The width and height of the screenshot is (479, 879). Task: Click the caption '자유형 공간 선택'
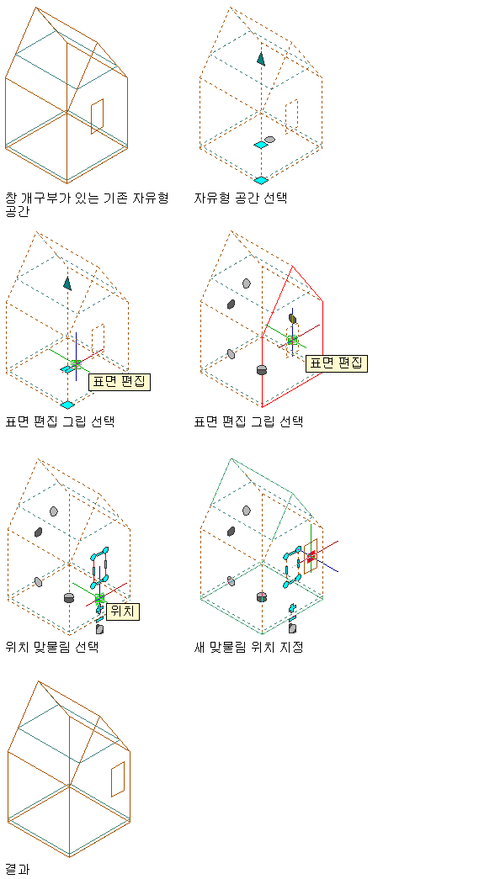241,198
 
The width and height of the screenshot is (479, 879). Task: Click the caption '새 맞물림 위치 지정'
248,647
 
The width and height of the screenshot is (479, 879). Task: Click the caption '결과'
18,870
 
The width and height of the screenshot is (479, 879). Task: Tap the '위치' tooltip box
122,611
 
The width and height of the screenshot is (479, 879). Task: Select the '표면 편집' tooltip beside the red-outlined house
337,363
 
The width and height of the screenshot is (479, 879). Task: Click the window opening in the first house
97,117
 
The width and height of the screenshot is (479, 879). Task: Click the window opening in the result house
118,779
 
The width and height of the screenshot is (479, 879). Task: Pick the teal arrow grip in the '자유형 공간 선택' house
261,58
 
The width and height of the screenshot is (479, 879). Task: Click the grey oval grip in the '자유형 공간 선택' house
269,139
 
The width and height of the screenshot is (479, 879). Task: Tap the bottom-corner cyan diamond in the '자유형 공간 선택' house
261,180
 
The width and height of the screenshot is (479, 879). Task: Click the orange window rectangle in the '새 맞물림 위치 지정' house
311,556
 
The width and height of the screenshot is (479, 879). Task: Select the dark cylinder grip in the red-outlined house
261,369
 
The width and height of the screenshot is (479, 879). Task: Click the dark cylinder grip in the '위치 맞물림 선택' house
69,597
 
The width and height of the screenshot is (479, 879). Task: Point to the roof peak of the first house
36,8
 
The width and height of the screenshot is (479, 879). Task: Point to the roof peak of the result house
38,681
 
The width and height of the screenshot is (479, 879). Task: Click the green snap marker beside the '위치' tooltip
100,599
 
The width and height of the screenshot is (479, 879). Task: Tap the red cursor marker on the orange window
311,555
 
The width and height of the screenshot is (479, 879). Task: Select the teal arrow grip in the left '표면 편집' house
67,283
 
